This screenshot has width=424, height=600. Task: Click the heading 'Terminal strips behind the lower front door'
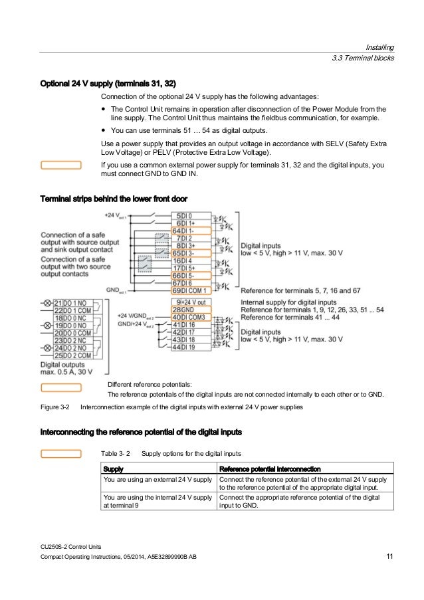(x=114, y=199)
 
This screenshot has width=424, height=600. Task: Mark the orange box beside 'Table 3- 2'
(x=61, y=453)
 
